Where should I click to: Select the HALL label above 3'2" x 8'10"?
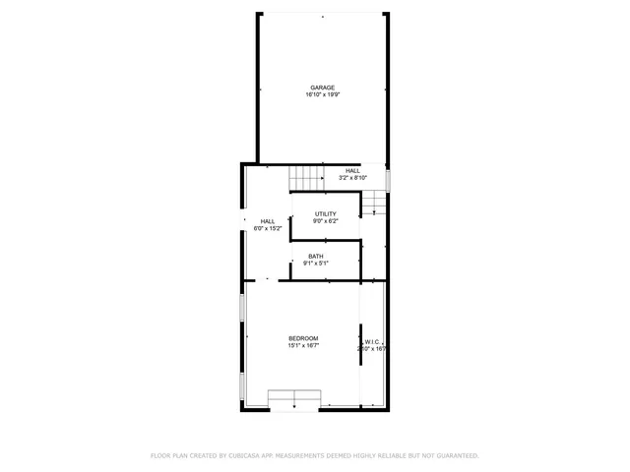[352, 171]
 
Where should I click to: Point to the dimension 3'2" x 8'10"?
[352, 178]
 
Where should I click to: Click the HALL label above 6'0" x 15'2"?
[268, 221]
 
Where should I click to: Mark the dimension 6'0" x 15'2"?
[268, 228]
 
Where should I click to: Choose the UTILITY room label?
[325, 214]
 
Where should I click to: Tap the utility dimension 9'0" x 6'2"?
[325, 221]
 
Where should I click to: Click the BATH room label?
[315, 257]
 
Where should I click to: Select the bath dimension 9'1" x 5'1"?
[315, 264]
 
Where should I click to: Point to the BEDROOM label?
[303, 338]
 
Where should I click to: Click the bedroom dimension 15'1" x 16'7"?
[303, 346]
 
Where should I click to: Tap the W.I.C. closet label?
[372, 341]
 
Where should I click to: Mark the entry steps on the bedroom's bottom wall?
[295, 397]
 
